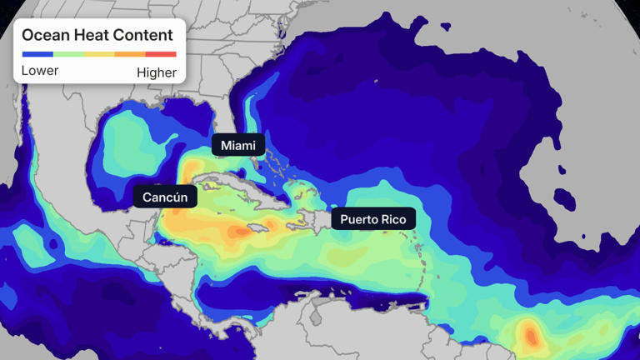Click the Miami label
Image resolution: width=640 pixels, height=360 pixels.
(238, 146)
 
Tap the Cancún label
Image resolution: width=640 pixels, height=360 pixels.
(166, 197)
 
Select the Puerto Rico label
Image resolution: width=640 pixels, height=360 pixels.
(372, 219)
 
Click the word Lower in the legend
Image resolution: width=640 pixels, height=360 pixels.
(40, 71)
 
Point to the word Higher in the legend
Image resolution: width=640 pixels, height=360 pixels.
(157, 72)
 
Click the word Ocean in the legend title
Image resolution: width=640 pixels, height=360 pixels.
(45, 35)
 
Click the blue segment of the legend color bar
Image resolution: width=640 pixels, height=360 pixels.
(37, 54)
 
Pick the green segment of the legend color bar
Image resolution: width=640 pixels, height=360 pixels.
(68, 54)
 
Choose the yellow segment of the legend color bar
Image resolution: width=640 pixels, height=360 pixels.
(99, 54)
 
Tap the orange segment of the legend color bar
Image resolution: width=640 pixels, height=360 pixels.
(130, 54)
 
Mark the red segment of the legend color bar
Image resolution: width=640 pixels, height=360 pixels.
(161, 54)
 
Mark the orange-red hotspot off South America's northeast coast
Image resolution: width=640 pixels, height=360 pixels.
(530, 334)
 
